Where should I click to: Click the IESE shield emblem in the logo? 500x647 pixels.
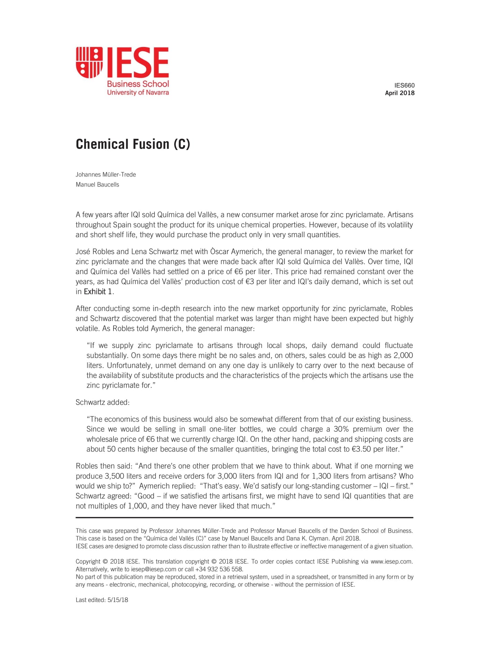point(89,62)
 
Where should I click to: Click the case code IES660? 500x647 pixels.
point(404,85)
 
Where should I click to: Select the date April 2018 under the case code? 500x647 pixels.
point(400,93)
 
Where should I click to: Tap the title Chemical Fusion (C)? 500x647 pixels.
point(133,144)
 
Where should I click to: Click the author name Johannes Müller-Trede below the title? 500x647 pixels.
point(106,174)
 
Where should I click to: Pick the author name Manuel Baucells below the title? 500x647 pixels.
point(97,184)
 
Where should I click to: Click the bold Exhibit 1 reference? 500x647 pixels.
point(98,292)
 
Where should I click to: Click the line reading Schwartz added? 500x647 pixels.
point(103,402)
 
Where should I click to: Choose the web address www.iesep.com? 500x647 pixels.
point(391,562)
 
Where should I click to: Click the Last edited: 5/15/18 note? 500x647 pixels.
point(102,600)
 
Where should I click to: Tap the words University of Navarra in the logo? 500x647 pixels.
point(138,92)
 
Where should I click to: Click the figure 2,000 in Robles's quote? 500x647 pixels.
point(403,355)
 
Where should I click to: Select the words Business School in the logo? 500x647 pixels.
point(138,84)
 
